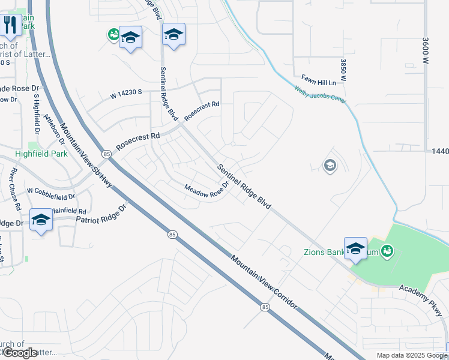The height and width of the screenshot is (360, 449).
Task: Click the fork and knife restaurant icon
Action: click(9, 25)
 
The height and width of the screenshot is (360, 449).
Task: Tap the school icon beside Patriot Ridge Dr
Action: click(41, 220)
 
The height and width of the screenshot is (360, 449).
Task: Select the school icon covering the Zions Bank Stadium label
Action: click(355, 249)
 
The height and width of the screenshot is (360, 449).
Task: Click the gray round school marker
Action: click(330, 165)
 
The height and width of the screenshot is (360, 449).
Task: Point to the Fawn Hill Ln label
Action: click(318, 79)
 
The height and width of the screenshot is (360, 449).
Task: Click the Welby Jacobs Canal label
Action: click(320, 96)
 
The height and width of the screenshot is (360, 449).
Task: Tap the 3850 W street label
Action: click(343, 70)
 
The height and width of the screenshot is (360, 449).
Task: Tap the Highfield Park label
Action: click(41, 154)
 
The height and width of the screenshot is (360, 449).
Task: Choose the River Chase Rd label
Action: click(16, 189)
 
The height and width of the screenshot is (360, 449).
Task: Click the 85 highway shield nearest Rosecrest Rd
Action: click(106, 154)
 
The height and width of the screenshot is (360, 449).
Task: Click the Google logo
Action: click(19, 353)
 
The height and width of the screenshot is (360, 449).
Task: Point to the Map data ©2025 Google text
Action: click(411, 355)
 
